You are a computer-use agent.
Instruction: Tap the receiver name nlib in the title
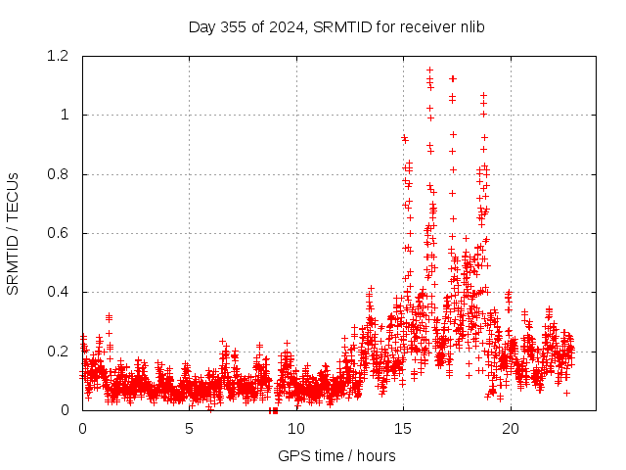click(x=469, y=26)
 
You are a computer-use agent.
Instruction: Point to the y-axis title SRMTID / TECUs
click(x=13, y=233)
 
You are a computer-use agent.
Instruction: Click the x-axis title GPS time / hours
click(x=336, y=455)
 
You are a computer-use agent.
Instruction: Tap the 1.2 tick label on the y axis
click(x=61, y=56)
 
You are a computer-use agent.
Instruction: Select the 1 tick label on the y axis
click(x=67, y=115)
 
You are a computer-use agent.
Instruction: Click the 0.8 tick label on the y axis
click(x=61, y=174)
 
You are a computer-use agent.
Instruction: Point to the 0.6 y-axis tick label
click(x=61, y=233)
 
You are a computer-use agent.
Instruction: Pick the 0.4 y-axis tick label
click(x=61, y=292)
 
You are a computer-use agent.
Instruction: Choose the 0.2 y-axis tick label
click(x=61, y=351)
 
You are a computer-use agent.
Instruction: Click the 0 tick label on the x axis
click(x=82, y=428)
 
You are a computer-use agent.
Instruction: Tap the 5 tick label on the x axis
click(x=189, y=428)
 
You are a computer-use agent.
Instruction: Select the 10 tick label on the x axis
click(x=295, y=428)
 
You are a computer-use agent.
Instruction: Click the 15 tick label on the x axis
click(x=402, y=428)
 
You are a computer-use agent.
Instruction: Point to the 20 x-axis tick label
click(x=509, y=428)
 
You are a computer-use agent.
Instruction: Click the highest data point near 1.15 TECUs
click(x=430, y=70)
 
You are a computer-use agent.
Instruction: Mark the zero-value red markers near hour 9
click(x=274, y=409)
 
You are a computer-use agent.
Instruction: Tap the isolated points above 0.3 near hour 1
click(x=109, y=317)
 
